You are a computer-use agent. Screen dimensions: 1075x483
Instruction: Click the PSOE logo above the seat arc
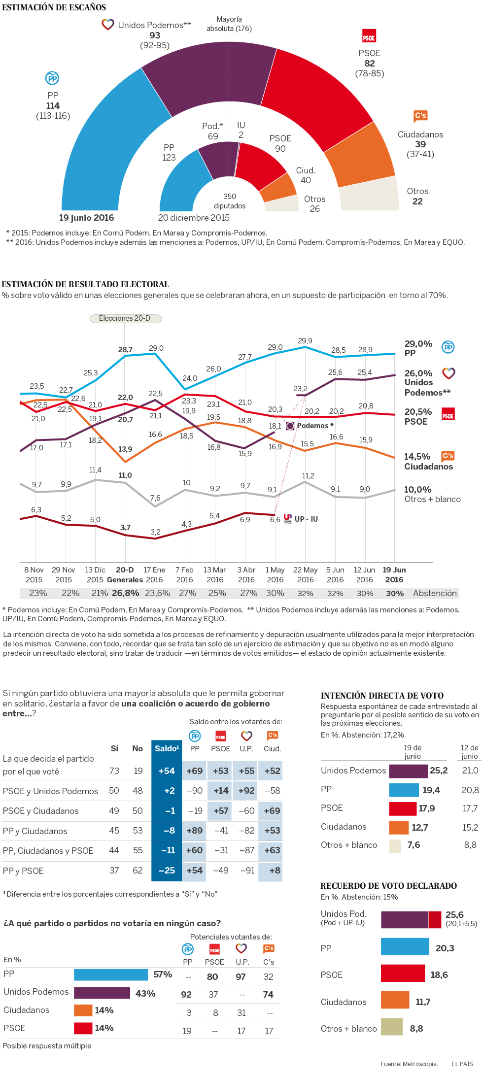[369, 37]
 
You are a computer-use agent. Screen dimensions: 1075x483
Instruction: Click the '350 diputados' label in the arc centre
[230, 201]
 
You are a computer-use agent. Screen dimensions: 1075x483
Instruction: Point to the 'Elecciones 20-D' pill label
[125, 318]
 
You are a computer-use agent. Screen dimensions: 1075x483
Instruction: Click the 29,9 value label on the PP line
[305, 341]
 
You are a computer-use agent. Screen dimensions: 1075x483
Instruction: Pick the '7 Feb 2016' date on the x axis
[184, 574]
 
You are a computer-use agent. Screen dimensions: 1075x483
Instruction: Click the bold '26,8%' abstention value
[125, 593]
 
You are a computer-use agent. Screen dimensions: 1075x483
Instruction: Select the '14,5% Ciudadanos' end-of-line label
[428, 461]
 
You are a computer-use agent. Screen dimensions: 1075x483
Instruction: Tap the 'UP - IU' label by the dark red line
[306, 519]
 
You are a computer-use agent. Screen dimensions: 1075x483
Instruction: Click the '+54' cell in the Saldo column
[167, 771]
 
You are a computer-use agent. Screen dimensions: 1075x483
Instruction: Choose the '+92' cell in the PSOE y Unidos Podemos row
[246, 791]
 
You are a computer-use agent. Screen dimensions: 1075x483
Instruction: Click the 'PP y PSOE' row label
[23, 871]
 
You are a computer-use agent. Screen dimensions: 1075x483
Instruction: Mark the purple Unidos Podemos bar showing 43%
[102, 993]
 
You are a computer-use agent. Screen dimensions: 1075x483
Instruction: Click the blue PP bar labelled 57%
[111, 975]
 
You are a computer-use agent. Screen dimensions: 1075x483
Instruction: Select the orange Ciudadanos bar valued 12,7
[399, 827]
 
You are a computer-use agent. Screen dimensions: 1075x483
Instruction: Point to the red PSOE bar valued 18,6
[403, 974]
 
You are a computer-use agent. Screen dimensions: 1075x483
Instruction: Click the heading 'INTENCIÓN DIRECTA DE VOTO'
[382, 696]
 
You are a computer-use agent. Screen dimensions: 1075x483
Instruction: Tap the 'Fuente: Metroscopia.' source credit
[409, 1064]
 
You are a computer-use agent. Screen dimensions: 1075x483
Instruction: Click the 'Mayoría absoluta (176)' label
[229, 24]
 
